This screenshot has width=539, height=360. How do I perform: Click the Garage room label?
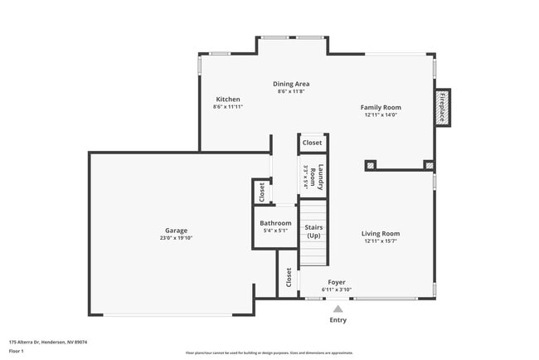pos(176,231)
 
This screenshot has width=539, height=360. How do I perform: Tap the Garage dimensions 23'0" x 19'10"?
pos(176,238)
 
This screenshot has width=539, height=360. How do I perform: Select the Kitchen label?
pos(228,100)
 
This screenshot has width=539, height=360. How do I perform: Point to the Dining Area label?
pos(291,84)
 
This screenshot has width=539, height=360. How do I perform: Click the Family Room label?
pos(381,107)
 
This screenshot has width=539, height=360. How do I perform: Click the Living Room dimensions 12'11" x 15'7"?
pos(381,241)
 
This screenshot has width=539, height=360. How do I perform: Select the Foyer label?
pos(336,282)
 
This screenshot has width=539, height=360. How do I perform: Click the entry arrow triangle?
pos(337,308)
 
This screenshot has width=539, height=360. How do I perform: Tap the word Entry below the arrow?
pos(338,319)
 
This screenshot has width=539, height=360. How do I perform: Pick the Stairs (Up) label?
pos(313,231)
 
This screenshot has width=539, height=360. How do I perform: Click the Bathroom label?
pos(275,223)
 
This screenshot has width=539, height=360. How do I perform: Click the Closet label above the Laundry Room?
pos(313,143)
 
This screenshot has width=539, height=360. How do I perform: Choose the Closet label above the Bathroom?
pos(262,192)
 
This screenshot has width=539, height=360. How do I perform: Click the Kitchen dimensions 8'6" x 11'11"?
pos(228,107)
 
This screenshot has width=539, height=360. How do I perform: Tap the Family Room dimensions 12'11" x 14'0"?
pos(381,115)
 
